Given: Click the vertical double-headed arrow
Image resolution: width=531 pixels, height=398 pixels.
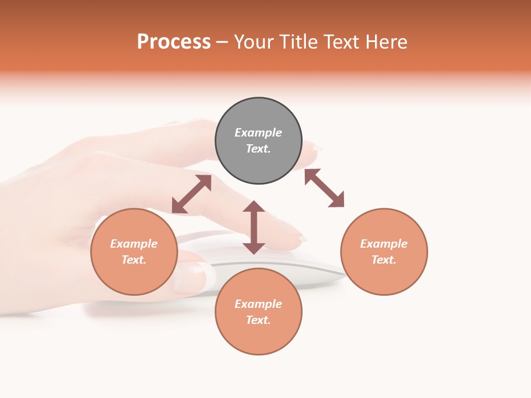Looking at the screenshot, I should (254, 227).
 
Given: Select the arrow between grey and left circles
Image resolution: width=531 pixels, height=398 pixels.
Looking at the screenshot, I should (192, 194).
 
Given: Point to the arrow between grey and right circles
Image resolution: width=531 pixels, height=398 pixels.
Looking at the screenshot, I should (324, 188).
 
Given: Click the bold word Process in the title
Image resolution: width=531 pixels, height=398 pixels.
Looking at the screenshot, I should (174, 42).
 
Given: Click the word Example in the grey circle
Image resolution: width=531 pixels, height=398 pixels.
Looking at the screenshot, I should (258, 133).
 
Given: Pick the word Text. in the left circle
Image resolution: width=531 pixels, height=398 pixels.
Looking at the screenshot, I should (134, 260).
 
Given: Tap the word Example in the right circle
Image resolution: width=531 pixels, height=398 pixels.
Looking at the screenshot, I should (384, 244).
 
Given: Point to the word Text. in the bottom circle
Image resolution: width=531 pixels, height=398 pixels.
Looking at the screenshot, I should (258, 320).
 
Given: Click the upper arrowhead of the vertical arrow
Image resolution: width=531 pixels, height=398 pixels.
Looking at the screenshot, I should (254, 206).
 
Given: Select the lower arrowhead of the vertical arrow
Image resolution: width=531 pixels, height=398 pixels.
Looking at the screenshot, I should (254, 248).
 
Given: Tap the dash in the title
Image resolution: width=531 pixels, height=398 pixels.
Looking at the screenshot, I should (222, 42).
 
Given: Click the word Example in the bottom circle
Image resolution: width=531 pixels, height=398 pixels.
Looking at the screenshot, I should (258, 304).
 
